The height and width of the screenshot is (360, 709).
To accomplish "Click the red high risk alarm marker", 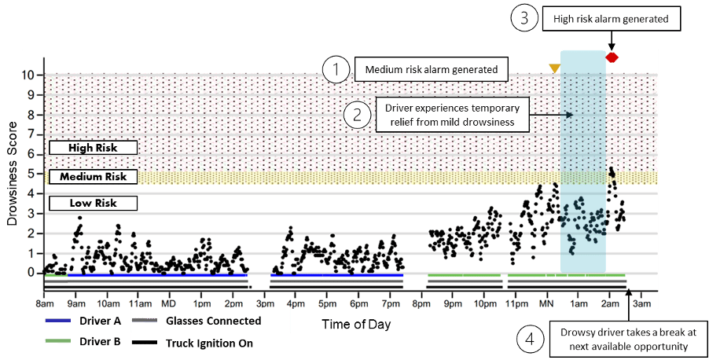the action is coord(612,57).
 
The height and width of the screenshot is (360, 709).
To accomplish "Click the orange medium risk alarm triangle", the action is coord(555,68).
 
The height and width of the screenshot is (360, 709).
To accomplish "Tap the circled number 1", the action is coord(336,71).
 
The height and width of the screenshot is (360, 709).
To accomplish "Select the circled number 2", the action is coord(357,115).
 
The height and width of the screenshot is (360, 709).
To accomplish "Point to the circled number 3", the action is coord(524,19).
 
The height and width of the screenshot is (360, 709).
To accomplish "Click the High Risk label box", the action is coord(93,148).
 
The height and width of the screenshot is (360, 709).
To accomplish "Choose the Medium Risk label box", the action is coord(93,176).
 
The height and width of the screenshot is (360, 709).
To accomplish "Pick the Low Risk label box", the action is coord(93,203).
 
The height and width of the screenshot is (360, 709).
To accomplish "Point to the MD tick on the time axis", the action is coord(169,303).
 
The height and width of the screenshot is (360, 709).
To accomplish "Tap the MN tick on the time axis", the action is coord(546,303).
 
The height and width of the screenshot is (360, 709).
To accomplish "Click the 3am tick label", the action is coord(641,303).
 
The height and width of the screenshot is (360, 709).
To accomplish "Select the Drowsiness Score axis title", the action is coord(13,174).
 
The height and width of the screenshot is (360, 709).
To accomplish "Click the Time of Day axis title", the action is coord(356,325).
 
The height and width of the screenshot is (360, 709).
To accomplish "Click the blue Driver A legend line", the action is coord(58,320).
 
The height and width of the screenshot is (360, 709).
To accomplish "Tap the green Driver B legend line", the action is coord(58,341).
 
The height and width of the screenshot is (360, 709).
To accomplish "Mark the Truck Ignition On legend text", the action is coord(209,343).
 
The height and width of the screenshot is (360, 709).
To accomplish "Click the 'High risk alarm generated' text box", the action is coord(612,19).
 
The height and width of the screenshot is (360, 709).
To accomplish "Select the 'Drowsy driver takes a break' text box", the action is coord(629,340).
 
